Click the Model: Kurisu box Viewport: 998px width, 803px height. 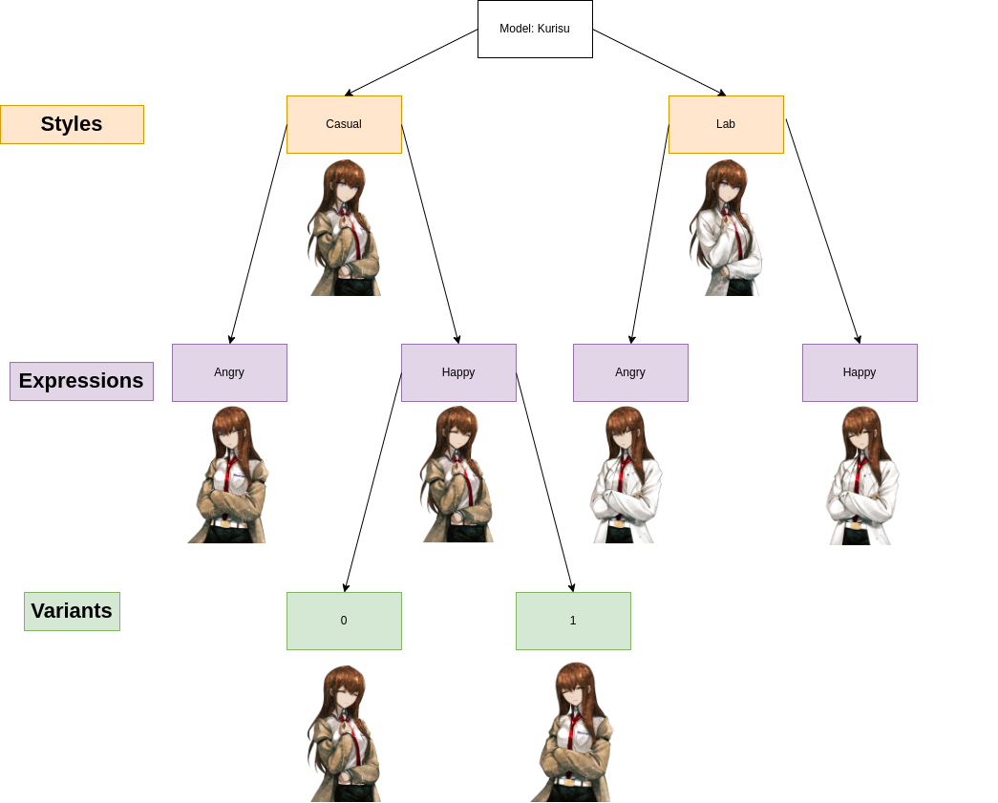click(535, 29)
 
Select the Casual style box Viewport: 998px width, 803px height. click(344, 124)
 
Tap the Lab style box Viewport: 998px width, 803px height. click(726, 124)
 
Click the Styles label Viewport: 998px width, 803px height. click(72, 124)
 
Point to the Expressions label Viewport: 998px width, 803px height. click(81, 381)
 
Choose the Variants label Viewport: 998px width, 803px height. click(72, 611)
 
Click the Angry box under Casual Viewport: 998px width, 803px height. click(229, 372)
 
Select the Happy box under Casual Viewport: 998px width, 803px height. click(458, 372)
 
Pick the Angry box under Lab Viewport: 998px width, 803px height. click(630, 372)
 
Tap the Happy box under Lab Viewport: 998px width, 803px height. click(860, 372)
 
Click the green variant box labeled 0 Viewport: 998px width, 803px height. click(344, 621)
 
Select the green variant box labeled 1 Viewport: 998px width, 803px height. click(573, 621)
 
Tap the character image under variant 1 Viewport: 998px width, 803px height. click(572, 732)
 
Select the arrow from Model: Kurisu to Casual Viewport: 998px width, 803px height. click(412, 62)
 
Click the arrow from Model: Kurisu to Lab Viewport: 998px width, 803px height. click(659, 62)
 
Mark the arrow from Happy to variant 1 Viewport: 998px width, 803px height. click(544, 481)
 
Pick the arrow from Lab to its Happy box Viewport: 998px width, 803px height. click(823, 231)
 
